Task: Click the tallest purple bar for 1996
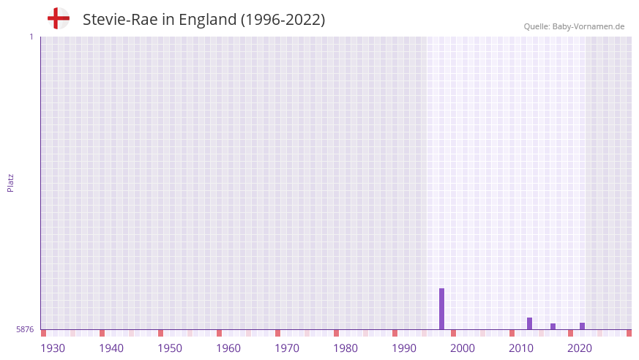tap(441, 309)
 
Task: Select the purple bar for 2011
tap(529, 323)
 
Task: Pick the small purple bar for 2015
tap(553, 326)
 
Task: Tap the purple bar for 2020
tap(582, 326)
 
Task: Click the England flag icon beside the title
tap(59, 19)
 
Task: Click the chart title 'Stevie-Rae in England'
tap(203, 20)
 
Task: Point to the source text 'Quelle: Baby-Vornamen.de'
tap(574, 26)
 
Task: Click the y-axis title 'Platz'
tap(11, 182)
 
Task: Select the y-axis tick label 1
tap(31, 37)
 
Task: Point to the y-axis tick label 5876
tap(25, 329)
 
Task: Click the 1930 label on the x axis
tap(53, 348)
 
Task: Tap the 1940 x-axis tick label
tap(111, 348)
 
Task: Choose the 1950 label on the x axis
tap(170, 348)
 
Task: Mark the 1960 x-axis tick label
tap(228, 348)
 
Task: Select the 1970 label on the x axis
tap(287, 348)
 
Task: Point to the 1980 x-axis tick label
tap(345, 348)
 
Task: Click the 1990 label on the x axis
tap(404, 348)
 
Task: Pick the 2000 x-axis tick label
tap(463, 348)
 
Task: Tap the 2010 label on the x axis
tap(521, 348)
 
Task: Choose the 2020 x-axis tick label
tap(580, 348)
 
